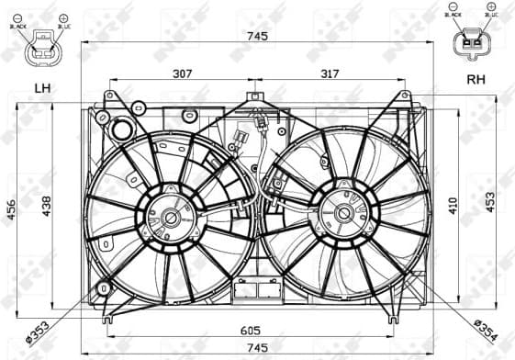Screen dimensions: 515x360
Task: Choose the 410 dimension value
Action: (453, 206)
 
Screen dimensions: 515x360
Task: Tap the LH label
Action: (42, 89)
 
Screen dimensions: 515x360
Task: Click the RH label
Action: (476, 80)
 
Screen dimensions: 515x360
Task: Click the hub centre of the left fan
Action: (171, 218)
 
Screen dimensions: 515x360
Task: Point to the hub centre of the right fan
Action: (344, 213)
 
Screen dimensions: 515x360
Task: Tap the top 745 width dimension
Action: (257, 36)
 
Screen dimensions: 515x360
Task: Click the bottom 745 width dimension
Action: (257, 348)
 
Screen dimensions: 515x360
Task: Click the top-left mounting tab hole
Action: (111, 95)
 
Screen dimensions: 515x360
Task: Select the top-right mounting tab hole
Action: (403, 95)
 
